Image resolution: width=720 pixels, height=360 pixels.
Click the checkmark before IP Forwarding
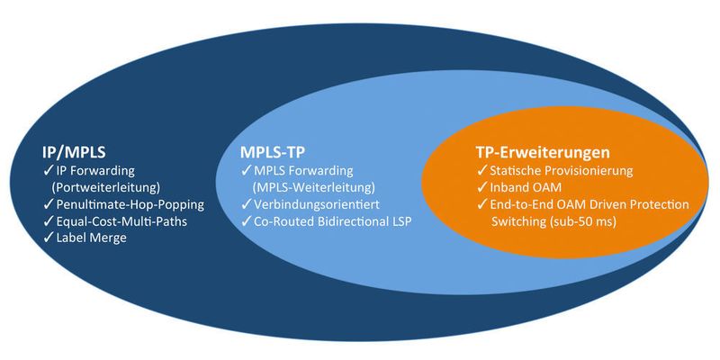(x=48, y=169)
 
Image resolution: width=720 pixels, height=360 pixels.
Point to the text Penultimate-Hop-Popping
(x=130, y=203)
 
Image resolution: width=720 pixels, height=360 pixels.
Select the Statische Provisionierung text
(x=562, y=170)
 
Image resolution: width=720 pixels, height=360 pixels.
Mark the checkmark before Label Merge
(x=48, y=238)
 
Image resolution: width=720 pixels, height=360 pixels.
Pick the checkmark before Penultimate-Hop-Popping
(x=48, y=203)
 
